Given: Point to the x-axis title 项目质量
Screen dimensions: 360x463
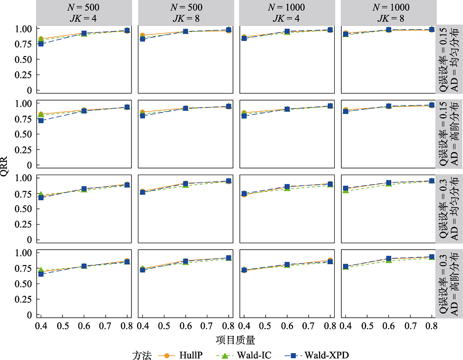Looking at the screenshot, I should (x=235, y=340).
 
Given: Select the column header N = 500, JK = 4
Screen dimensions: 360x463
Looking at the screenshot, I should (x=84, y=13).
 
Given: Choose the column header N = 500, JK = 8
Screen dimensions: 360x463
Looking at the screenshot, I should (x=186, y=13).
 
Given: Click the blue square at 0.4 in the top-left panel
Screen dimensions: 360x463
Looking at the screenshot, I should (x=41, y=44).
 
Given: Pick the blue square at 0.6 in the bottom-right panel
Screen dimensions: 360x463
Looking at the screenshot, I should (x=389, y=259).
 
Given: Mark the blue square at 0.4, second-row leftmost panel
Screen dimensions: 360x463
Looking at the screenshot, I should (x=41, y=120).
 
